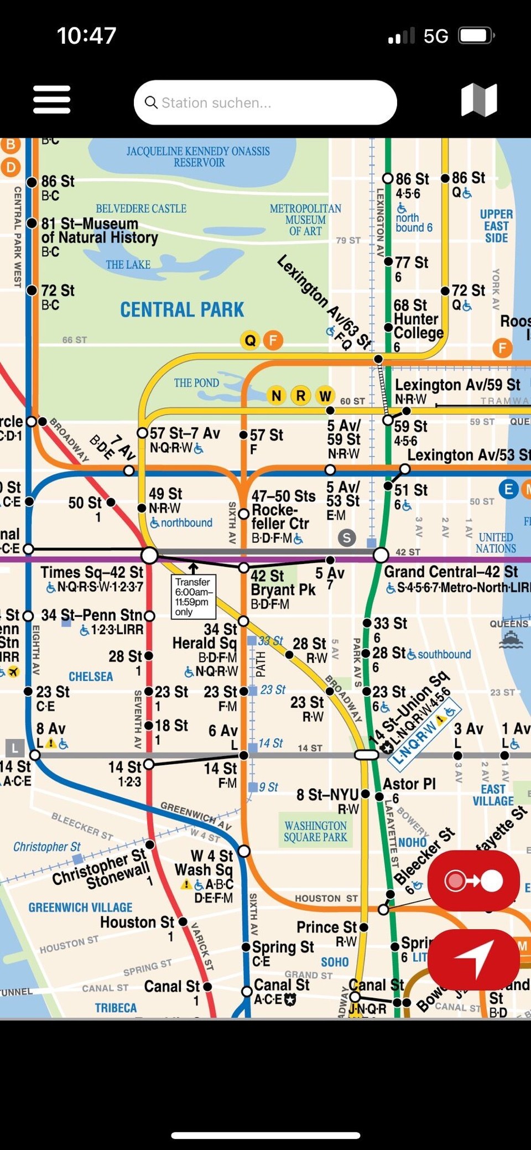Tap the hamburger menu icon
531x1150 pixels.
pyautogui.click(x=51, y=100)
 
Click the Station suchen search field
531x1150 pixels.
pyautogui.click(x=265, y=102)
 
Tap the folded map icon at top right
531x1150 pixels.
pyautogui.click(x=479, y=100)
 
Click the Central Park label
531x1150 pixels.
pyautogui.click(x=182, y=309)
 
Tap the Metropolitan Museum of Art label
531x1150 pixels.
pyautogui.click(x=305, y=220)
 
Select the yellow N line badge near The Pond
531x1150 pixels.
pyautogui.click(x=277, y=396)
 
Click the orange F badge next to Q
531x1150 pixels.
pyautogui.click(x=273, y=340)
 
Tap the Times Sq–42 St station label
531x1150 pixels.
pyautogui.click(x=92, y=573)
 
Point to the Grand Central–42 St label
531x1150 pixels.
pyautogui.click(x=451, y=572)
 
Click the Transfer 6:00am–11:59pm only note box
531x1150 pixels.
pyautogui.click(x=192, y=597)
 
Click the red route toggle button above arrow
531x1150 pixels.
pyautogui.click(x=473, y=880)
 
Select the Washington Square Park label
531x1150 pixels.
pyautogui.click(x=315, y=831)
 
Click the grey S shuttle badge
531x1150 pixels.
pyautogui.click(x=347, y=537)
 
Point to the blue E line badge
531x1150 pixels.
pyautogui.click(x=508, y=489)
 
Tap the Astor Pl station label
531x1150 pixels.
pyautogui.click(x=409, y=784)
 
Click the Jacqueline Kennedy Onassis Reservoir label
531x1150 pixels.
pyautogui.click(x=198, y=157)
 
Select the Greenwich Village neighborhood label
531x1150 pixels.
pyautogui.click(x=81, y=908)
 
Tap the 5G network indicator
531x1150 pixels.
pyautogui.click(x=436, y=37)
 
